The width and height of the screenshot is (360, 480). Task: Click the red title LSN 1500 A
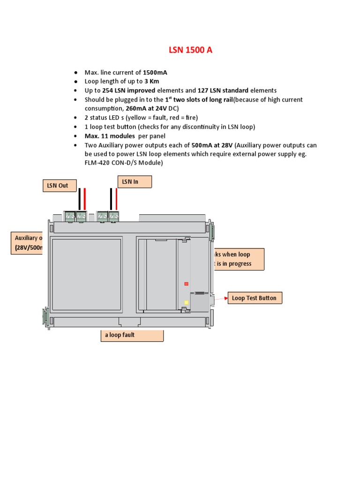[190, 50]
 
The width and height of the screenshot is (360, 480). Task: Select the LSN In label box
[134, 181]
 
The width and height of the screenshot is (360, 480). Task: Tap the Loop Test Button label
[255, 298]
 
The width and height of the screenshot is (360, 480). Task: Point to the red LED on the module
[186, 284]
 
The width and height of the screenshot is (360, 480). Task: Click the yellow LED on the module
[186, 302]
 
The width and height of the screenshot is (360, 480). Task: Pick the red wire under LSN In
[117, 199]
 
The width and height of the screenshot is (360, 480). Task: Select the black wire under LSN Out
[80, 199]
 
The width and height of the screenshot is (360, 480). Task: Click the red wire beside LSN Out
[85, 199]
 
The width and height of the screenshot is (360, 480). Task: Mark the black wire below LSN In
[111, 199]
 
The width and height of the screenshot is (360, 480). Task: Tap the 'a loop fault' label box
[132, 336]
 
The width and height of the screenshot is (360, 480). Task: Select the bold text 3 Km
[151, 82]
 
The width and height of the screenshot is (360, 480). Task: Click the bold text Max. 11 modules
[110, 136]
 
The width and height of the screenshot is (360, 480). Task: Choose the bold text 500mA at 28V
[213, 145]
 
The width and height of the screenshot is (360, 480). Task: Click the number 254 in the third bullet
[108, 90]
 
